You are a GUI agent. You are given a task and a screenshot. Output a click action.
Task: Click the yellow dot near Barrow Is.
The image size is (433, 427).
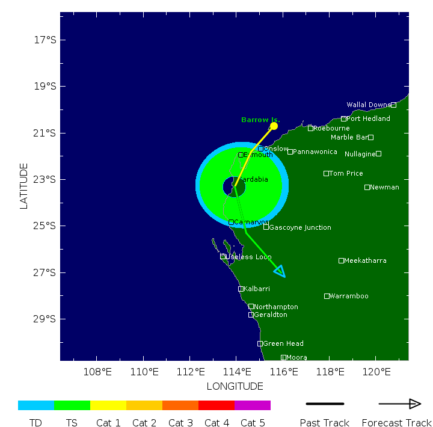274,126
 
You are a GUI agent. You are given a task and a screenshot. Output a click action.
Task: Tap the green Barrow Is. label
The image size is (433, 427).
260,120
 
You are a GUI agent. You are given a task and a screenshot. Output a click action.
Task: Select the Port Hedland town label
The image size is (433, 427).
368,118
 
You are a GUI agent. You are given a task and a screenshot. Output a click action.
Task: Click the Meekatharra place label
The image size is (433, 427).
366,260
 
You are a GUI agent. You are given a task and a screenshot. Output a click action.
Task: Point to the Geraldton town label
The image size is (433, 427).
271,315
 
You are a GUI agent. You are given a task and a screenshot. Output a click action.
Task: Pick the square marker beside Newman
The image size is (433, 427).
367,187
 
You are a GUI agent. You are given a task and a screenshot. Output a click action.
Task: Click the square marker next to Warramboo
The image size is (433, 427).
327,296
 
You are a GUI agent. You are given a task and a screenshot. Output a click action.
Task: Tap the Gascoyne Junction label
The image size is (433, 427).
300,227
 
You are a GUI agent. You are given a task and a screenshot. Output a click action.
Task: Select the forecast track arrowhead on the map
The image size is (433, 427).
280,271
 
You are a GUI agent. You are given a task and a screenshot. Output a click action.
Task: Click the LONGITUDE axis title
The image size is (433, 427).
235,386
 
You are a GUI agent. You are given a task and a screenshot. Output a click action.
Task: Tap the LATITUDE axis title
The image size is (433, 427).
24,186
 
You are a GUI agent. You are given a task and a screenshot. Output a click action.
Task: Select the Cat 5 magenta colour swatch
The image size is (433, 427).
253,405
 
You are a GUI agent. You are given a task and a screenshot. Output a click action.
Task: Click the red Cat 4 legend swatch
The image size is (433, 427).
216,405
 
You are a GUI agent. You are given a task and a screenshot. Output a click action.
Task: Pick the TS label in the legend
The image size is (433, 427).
72,423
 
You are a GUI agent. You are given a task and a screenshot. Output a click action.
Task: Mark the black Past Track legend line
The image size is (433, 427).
325,404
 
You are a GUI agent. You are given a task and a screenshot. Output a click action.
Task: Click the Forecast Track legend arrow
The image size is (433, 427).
399,404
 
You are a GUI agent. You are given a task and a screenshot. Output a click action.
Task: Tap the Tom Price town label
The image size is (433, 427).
346,173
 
